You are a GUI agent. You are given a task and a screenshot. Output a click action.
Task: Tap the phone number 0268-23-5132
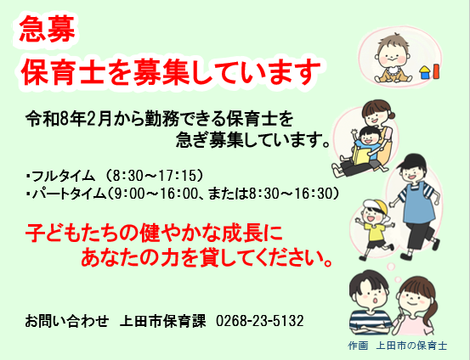pos(260,322)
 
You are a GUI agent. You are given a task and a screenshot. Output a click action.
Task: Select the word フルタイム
pos(62,176)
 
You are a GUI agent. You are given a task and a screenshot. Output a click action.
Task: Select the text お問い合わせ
pos(67,322)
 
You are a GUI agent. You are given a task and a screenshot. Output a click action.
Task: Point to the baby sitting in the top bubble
pos(392,58)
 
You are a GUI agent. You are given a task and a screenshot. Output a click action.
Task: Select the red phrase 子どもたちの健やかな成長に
pos(153,230)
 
